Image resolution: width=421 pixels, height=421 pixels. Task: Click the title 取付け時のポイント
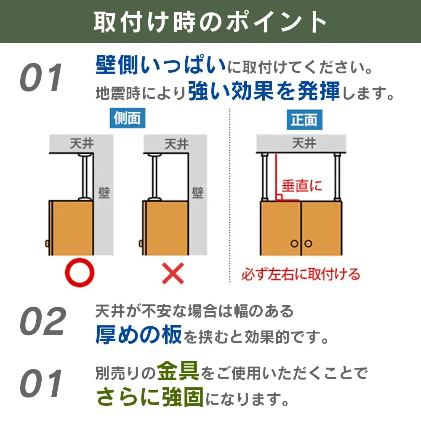pyautogui.click(x=210, y=21)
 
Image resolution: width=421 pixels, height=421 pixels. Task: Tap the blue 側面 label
pyautogui.click(x=128, y=118)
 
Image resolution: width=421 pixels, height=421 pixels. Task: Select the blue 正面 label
pyautogui.click(x=304, y=120)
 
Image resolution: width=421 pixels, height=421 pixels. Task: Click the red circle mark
pyautogui.click(x=80, y=272)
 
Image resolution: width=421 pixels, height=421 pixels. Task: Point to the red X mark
pyautogui.click(x=173, y=273)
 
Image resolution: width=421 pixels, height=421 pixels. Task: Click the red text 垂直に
pyautogui.click(x=301, y=186)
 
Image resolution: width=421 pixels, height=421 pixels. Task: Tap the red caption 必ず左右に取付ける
pyautogui.click(x=301, y=274)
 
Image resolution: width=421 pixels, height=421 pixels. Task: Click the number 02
pyautogui.click(x=43, y=321)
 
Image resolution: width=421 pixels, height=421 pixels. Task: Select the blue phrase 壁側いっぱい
pyautogui.click(x=161, y=65)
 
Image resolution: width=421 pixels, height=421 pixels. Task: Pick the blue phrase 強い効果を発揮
pyautogui.click(x=264, y=91)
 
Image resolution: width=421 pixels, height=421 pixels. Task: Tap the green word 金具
pyautogui.click(x=178, y=371)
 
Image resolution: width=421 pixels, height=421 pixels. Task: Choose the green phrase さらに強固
pyautogui.click(x=150, y=397)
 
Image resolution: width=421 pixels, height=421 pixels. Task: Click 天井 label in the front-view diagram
pyautogui.click(x=304, y=143)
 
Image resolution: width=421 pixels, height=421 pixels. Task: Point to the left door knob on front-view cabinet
pyautogui.click(x=294, y=243)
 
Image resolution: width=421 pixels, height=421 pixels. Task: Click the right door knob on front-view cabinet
pyautogui.click(x=308, y=243)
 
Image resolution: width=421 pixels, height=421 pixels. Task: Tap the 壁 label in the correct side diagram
pyautogui.click(x=104, y=193)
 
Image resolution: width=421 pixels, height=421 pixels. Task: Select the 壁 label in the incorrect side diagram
pyautogui.click(x=198, y=193)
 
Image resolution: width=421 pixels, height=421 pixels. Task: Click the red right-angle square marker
pyautogui.click(x=279, y=197)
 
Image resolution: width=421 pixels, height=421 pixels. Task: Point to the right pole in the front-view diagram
pyautogui.click(x=337, y=177)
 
